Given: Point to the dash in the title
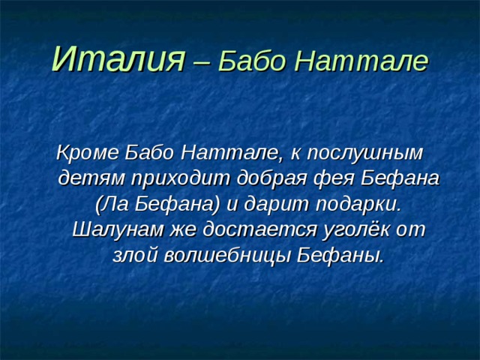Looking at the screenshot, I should tap(201, 60).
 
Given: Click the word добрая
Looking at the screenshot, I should tap(272, 179).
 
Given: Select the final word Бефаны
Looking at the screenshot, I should tap(341, 256).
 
